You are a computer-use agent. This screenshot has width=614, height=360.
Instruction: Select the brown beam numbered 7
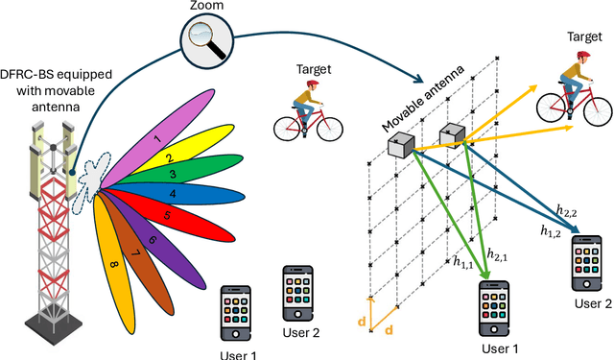(x=134, y=252)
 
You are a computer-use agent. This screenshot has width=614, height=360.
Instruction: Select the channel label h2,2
(x=566, y=214)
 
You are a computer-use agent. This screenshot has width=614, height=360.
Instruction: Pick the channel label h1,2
(x=550, y=231)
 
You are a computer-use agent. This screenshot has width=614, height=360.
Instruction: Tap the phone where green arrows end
(x=490, y=308)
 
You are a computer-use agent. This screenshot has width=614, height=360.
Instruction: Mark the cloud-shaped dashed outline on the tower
(x=95, y=174)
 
